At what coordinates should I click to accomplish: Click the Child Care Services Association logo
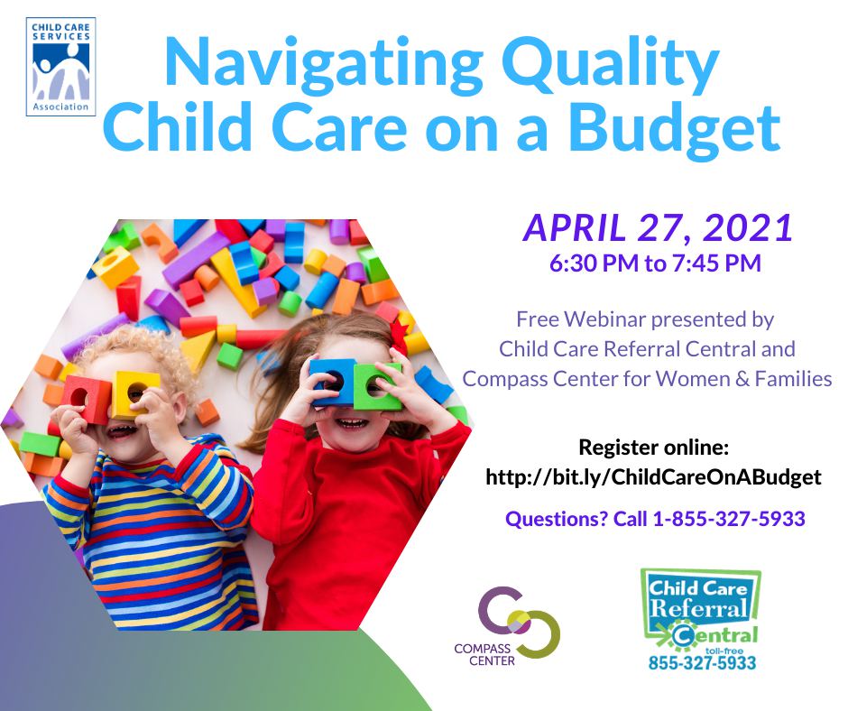tap(60, 67)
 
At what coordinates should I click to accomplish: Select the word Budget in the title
tap(674, 128)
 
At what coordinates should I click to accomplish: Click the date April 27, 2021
tap(658, 227)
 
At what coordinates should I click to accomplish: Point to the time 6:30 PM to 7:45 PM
tap(655, 263)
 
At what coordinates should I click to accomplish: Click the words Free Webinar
tap(581, 319)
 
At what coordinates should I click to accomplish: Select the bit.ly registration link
tap(653, 476)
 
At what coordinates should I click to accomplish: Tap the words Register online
tap(654, 448)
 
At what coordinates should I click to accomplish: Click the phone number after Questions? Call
tap(729, 519)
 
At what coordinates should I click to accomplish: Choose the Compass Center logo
tap(507, 625)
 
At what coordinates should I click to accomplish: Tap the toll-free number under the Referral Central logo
tap(702, 662)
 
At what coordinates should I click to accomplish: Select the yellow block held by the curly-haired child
tap(134, 393)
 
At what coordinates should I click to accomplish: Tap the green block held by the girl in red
tap(377, 386)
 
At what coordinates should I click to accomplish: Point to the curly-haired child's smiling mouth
tap(123, 431)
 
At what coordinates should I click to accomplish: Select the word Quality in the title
tap(610, 64)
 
